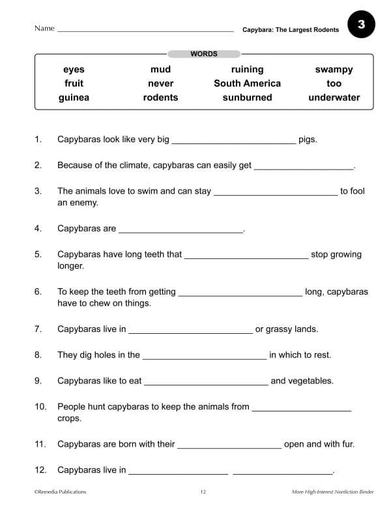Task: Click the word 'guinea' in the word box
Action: (74, 98)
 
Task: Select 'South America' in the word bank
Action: (247, 83)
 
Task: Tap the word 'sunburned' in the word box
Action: (247, 98)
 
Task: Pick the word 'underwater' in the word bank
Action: (334, 98)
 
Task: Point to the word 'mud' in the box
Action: (160, 70)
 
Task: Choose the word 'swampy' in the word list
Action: (334, 70)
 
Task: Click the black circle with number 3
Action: (361, 25)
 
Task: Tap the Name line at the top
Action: (145, 31)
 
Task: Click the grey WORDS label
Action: (204, 54)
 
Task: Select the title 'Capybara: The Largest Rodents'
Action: (291, 30)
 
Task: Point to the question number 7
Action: (38, 329)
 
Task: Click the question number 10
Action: (40, 407)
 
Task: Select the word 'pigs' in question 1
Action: (308, 140)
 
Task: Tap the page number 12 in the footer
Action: (203, 492)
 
